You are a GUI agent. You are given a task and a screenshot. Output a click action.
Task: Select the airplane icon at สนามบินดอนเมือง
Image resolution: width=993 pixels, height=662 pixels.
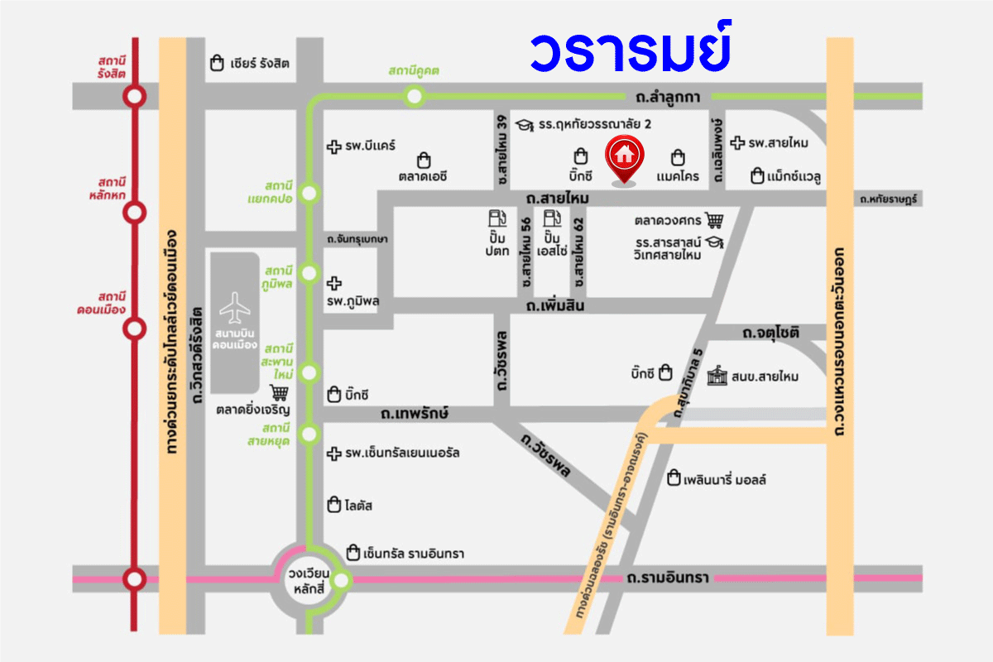(x=236, y=309)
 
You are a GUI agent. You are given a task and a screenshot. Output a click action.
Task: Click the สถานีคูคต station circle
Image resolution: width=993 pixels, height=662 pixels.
(x=415, y=97)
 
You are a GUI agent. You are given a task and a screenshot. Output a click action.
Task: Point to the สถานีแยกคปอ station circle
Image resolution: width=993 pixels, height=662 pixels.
(x=309, y=194)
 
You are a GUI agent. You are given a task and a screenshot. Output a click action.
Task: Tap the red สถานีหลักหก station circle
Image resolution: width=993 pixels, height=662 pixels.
(x=134, y=213)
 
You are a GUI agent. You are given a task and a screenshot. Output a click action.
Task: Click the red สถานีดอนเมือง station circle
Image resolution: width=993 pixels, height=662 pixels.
(x=134, y=329)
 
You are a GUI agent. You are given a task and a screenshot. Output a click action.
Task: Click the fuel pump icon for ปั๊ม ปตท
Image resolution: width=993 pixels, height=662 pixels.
(x=497, y=220)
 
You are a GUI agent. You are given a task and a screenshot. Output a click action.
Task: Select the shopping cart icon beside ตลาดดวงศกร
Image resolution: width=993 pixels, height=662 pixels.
(x=714, y=220)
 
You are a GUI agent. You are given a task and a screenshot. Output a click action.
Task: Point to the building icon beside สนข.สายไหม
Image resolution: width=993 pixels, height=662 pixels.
(x=717, y=375)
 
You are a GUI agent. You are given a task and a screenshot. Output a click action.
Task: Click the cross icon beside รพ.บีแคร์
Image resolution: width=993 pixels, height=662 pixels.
(x=333, y=146)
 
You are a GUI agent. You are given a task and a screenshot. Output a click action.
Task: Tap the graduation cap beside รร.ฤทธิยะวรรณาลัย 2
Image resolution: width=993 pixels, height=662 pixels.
(x=523, y=125)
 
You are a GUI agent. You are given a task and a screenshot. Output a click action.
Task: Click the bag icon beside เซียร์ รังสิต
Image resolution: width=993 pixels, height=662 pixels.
(x=217, y=63)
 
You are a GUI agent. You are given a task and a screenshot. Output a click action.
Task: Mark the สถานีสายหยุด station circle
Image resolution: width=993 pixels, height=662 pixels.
(x=309, y=433)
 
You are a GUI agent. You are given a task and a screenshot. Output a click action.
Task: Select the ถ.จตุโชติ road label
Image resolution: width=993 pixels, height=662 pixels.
(x=770, y=333)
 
